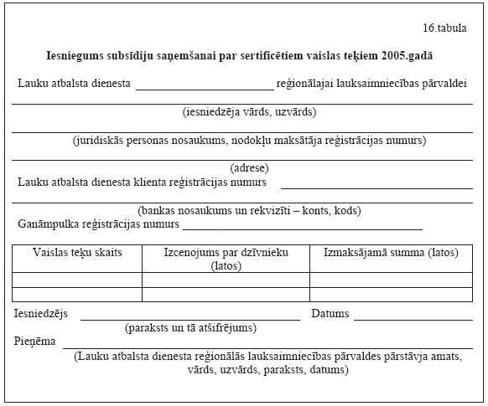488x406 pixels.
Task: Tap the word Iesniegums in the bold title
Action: click(74, 55)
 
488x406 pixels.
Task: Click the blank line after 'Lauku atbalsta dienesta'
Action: click(205, 87)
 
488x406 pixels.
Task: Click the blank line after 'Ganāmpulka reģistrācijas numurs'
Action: click(302, 228)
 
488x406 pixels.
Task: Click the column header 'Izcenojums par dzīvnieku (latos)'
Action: click(226, 260)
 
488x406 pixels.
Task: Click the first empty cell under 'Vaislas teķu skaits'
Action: click(77, 280)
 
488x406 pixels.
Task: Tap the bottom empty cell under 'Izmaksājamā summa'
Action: click(391, 295)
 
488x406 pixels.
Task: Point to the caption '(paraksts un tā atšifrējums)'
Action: click(190, 328)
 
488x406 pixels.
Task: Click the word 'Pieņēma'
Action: click(34, 342)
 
